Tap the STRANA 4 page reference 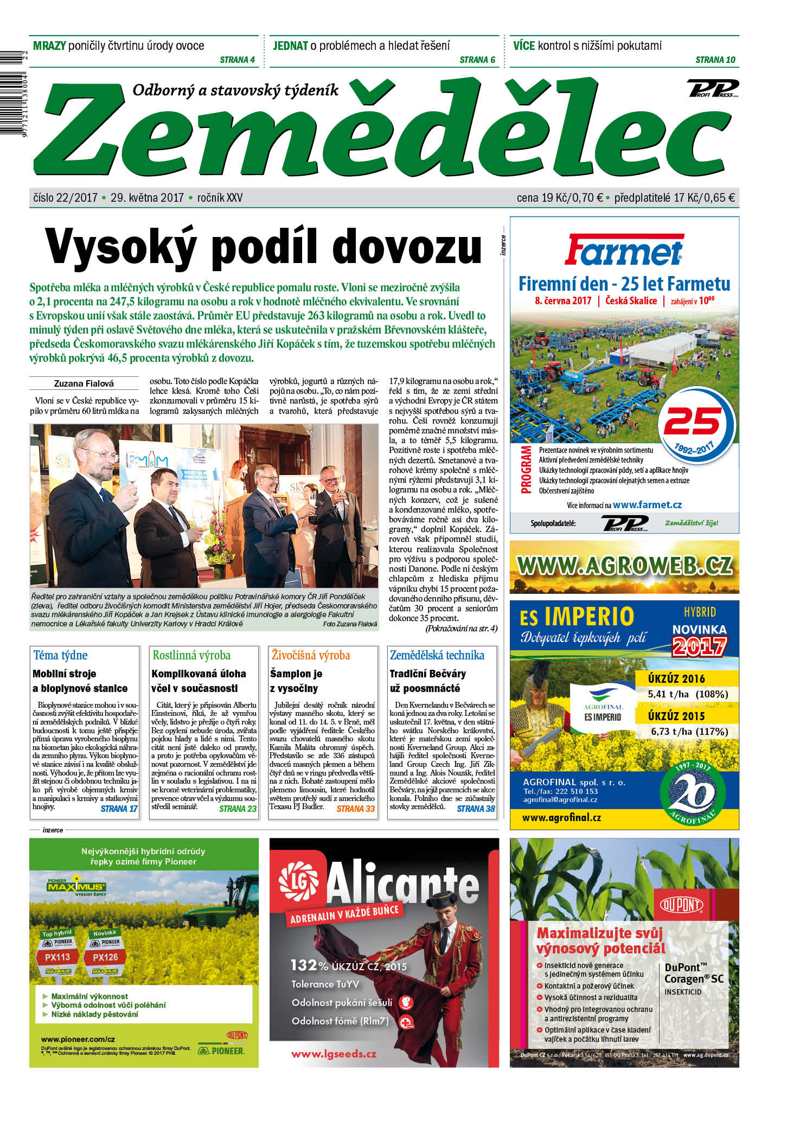pyautogui.click(x=237, y=60)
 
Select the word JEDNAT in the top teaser pyautogui.click(x=290, y=46)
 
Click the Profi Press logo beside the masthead pyautogui.click(x=713, y=88)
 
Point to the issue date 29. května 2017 pyautogui.click(x=147, y=198)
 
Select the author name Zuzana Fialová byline pyautogui.click(x=84, y=383)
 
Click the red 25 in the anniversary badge pyautogui.click(x=693, y=421)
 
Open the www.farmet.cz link pyautogui.click(x=647, y=505)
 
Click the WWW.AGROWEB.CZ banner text pyautogui.click(x=624, y=566)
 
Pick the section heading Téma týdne pyautogui.click(x=60, y=655)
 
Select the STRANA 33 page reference pyautogui.click(x=355, y=809)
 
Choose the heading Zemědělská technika pyautogui.click(x=437, y=655)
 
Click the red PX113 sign pyautogui.click(x=57, y=957)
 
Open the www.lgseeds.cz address pyautogui.click(x=334, y=1054)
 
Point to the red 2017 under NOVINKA pyautogui.click(x=699, y=646)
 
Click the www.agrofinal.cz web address pyautogui.click(x=561, y=817)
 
